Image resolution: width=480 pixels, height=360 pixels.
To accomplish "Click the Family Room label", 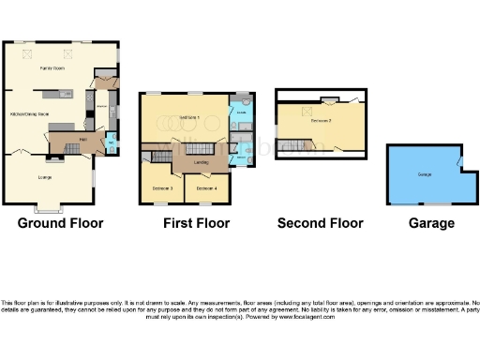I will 52,68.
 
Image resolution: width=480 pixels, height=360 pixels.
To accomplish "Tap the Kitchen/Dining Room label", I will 30,113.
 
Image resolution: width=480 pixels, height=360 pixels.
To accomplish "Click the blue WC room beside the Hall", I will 112,142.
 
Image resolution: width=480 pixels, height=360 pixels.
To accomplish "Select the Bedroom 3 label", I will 162,188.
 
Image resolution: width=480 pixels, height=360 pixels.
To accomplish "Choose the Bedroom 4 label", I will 206,188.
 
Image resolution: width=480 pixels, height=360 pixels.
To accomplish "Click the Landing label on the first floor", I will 201,162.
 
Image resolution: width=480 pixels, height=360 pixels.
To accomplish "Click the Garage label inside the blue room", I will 424,174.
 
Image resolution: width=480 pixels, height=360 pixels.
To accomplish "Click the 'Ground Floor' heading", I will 61,223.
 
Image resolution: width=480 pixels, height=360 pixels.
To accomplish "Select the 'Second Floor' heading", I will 320,223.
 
